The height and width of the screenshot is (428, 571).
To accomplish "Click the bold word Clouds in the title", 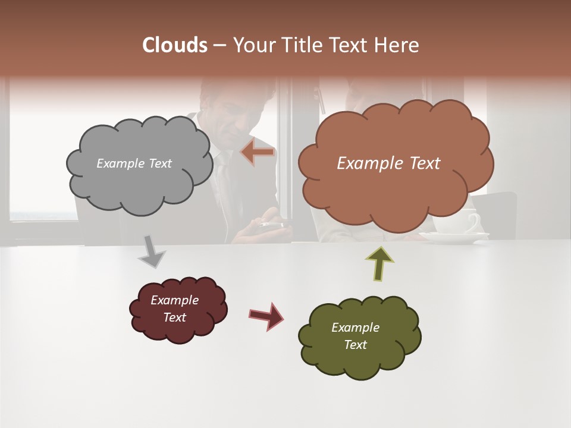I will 175,45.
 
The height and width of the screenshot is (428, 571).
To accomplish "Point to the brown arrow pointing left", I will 258,152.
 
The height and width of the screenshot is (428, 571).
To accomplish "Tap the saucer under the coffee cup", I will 455,238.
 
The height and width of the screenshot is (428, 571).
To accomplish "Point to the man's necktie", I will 222,178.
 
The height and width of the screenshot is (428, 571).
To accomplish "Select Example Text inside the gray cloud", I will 134,163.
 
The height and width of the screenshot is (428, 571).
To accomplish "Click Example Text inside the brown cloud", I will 388,163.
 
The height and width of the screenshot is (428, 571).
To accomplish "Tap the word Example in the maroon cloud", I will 174,300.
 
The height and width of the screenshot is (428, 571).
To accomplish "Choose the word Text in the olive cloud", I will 355,345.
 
